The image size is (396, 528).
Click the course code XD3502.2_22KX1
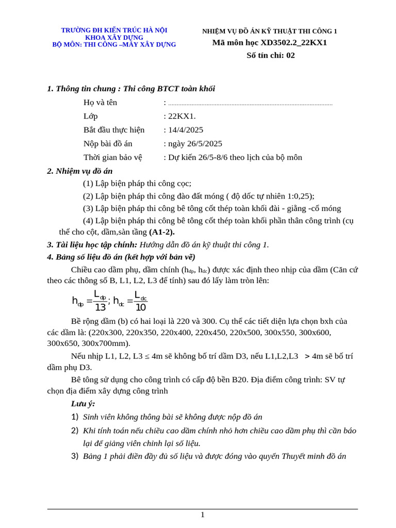(x=293, y=43)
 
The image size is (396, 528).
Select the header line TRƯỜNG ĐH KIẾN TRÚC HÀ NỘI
(x=114, y=30)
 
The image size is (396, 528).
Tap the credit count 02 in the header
(x=290, y=55)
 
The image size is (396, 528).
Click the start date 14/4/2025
(x=186, y=130)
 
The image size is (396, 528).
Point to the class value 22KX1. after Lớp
(x=182, y=116)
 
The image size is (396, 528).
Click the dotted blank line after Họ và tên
(x=250, y=104)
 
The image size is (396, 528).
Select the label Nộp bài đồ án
(x=108, y=144)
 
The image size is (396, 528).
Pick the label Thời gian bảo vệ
(x=112, y=157)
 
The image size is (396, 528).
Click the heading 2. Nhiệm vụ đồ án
(x=80, y=171)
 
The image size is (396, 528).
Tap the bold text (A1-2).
(x=162, y=232)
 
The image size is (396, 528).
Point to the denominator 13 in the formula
(x=100, y=307)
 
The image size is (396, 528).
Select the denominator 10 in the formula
(x=140, y=307)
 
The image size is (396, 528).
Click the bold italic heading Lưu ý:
(x=83, y=404)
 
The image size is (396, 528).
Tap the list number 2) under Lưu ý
(x=75, y=431)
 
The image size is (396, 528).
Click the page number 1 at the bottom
(x=203, y=515)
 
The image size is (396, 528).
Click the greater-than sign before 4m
(x=307, y=356)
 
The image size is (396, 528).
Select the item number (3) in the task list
(x=88, y=208)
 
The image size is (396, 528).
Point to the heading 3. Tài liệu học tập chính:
(x=92, y=244)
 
